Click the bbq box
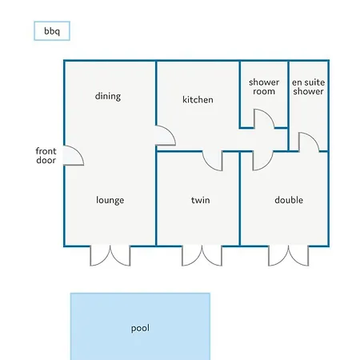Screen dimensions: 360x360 click(x=52, y=31)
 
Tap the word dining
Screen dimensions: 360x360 click(x=108, y=96)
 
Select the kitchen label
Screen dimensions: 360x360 click(x=198, y=100)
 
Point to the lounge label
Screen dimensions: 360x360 click(x=110, y=200)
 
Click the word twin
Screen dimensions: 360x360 click(x=201, y=200)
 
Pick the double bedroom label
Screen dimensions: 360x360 click(x=289, y=200)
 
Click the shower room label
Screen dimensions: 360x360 click(x=264, y=86)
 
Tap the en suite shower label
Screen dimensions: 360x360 click(x=308, y=86)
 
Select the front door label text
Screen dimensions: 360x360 click(x=46, y=155)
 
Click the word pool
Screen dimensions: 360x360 click(x=140, y=328)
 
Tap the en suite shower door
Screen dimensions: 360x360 click(x=314, y=138)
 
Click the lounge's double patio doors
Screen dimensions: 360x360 click(x=110, y=256)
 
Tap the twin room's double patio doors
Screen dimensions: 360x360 click(x=202, y=256)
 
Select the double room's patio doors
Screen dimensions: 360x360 click(x=289, y=256)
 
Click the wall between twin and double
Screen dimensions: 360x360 click(x=240, y=198)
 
